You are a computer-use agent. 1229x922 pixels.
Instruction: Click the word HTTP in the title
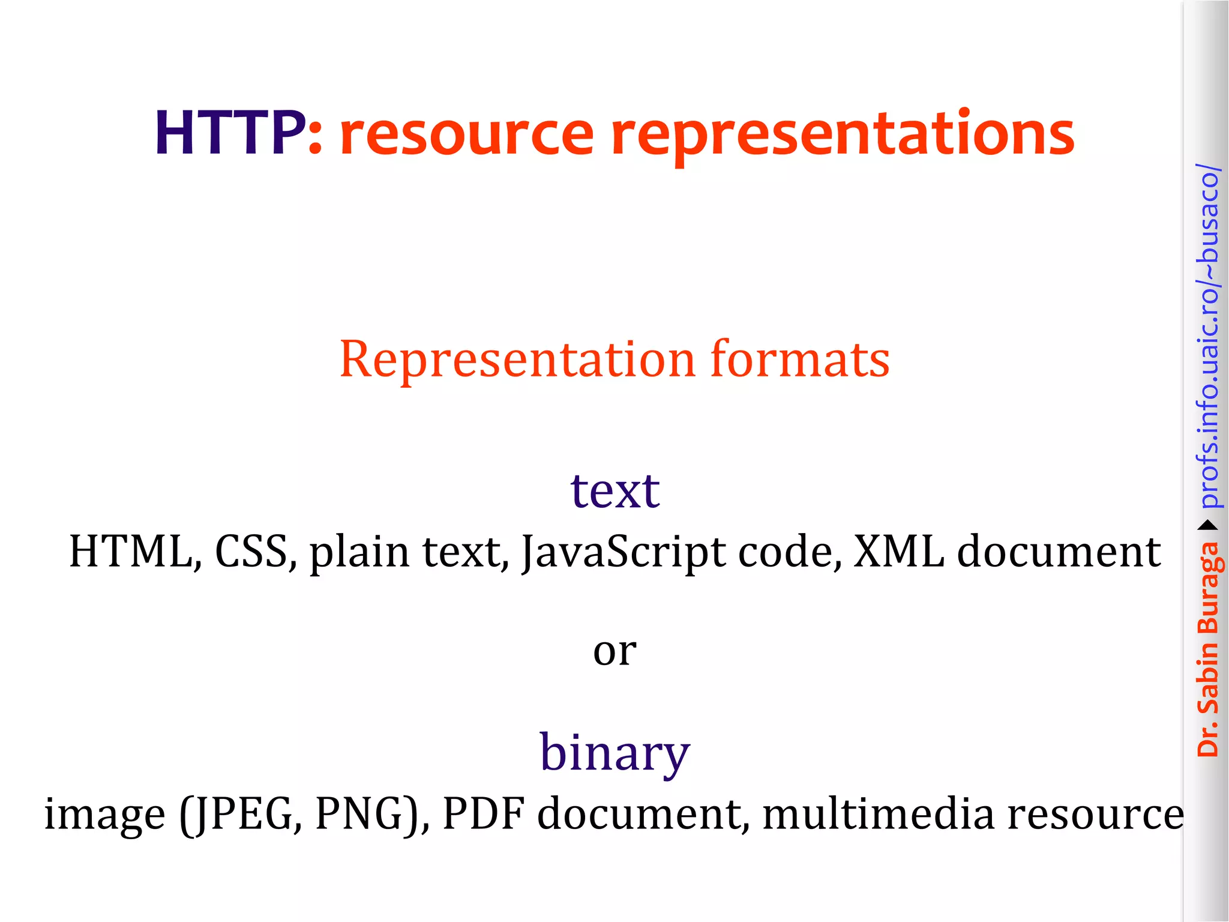(230, 133)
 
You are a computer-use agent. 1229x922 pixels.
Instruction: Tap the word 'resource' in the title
(466, 134)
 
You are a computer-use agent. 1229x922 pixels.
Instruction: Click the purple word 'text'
(615, 491)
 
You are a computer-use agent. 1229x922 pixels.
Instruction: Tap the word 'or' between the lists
(614, 651)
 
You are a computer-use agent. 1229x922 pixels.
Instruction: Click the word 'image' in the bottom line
(104, 815)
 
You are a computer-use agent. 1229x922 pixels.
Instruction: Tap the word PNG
(366, 814)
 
